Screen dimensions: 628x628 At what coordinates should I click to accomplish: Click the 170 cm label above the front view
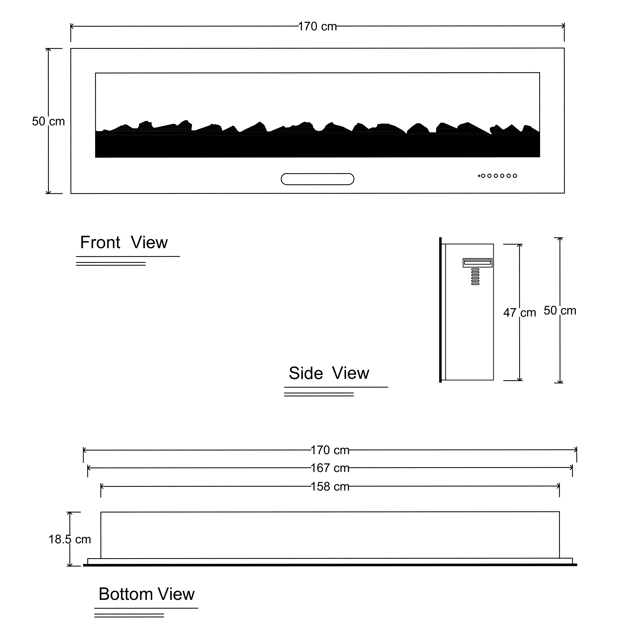click(317, 27)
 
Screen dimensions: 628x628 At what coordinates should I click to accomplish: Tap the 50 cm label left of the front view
click(48, 121)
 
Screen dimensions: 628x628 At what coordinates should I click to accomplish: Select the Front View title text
click(124, 242)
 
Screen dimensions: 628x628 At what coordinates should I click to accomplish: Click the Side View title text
click(329, 373)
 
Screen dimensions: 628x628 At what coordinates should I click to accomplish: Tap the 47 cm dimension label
click(519, 313)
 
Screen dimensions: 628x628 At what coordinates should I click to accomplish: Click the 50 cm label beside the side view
click(560, 311)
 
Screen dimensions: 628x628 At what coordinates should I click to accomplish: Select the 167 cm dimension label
click(330, 468)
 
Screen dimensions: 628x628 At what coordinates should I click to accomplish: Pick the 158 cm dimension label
click(330, 487)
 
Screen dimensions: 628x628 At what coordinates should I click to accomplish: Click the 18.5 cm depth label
click(70, 540)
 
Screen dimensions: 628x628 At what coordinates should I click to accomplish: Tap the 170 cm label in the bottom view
click(330, 450)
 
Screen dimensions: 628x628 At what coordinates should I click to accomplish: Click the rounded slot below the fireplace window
click(317, 179)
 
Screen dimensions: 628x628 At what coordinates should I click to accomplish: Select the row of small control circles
click(497, 176)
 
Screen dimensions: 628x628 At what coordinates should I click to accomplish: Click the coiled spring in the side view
click(475, 277)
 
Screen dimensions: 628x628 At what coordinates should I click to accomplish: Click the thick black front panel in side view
click(440, 310)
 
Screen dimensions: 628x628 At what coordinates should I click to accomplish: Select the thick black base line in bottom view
click(330, 565)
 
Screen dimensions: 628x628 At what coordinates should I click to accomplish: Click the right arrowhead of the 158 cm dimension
click(558, 486)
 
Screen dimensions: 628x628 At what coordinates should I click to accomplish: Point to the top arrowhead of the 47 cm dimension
click(519, 245)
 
